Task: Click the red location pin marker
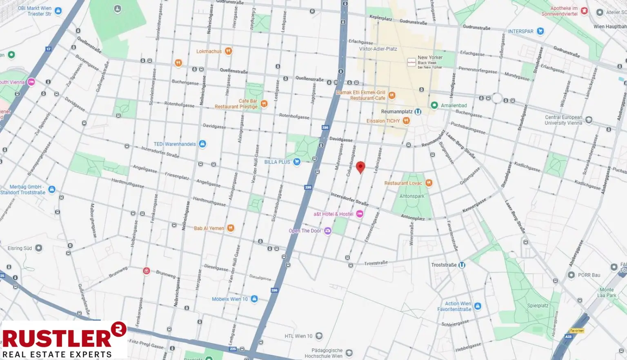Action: coord(360,167)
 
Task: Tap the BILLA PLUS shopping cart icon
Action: coord(297,162)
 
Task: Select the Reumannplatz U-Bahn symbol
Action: coord(418,111)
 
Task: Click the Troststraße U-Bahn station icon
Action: coord(462,265)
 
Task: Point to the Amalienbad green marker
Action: coord(434,105)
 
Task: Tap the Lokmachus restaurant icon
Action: coord(229,51)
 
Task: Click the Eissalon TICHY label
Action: coord(383,121)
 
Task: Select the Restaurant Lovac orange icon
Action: coord(429,183)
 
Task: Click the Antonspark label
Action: coord(412,196)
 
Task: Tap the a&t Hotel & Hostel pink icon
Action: coord(360,214)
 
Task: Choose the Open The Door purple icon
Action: coord(327,231)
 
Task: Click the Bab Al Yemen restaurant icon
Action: coord(231,228)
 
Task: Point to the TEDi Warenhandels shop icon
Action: coord(202,144)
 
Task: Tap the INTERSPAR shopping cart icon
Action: coord(540,31)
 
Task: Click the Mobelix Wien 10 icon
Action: coord(254,299)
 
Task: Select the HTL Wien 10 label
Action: coord(298,336)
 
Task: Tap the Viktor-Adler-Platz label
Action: coord(378,49)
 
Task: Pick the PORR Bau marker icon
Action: coord(571,275)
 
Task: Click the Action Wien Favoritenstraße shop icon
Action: coord(478,306)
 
